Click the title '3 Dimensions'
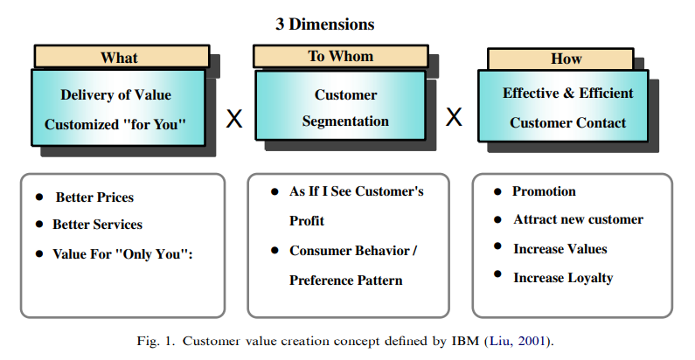coord(324,24)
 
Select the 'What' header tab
coord(120,58)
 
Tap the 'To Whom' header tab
coord(340,56)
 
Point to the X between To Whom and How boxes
coord(454,117)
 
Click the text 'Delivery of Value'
coord(115,94)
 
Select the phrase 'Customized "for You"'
coord(115,123)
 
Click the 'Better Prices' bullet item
coord(94,197)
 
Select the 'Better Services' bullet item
coord(97,224)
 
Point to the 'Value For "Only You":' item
coord(122,253)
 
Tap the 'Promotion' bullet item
coord(544,191)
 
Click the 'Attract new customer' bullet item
coord(578,219)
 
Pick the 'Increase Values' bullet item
coord(559,249)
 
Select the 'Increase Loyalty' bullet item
coord(563,278)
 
